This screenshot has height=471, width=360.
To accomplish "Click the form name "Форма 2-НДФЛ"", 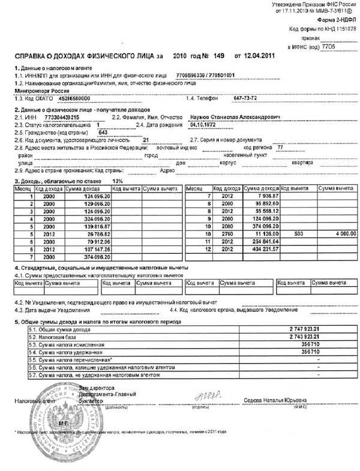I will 332,19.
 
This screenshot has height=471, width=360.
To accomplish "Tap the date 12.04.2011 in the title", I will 260,56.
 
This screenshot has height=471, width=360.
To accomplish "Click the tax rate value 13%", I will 118,181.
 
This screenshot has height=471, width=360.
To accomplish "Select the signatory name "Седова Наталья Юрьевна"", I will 270,399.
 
